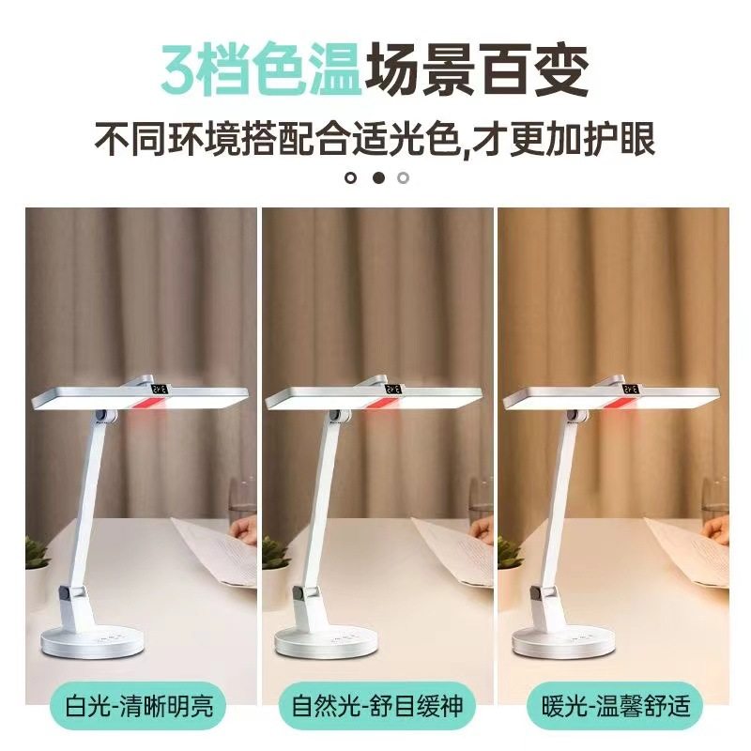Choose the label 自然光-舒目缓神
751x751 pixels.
[x=376, y=704]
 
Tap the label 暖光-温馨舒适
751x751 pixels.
[x=614, y=704]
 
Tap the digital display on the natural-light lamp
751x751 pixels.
[x=394, y=388]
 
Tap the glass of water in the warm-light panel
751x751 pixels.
[x=715, y=508]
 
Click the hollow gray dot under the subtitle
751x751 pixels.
[x=404, y=176]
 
